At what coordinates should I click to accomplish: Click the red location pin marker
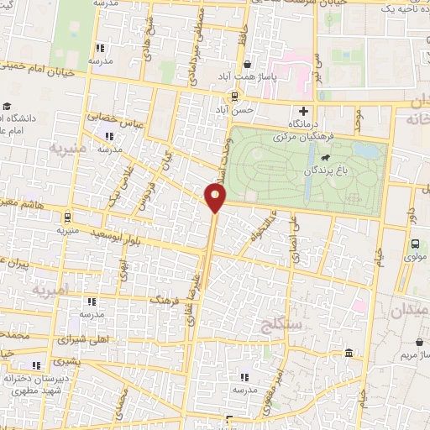coord(217,197)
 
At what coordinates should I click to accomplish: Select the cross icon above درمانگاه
coord(304,110)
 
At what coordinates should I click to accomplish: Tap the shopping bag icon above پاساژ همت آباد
coord(247,65)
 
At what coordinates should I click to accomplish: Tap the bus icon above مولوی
coord(415,244)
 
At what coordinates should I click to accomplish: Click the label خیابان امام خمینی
coord(42,71)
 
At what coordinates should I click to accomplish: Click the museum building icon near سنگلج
coord(349,354)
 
